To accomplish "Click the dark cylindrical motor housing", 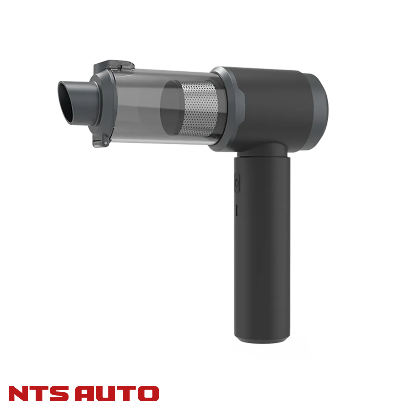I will (x=274, y=106).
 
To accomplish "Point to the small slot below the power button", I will (x=237, y=210).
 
